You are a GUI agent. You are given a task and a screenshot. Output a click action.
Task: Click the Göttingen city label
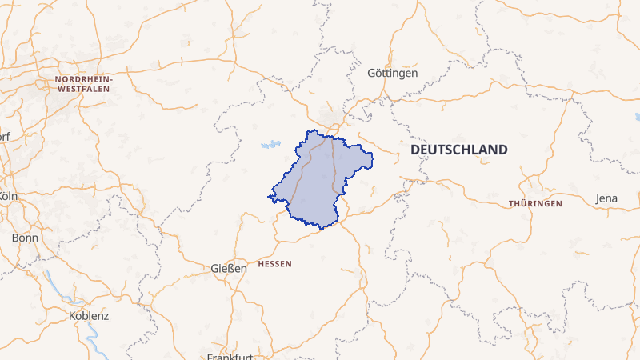[392, 73]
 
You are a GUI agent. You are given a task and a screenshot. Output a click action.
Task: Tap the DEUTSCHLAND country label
[458, 150]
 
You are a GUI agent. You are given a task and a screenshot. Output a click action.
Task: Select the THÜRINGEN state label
[535, 204]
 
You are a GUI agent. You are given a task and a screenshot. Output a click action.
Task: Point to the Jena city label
[607, 198]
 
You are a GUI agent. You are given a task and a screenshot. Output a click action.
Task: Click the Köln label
[8, 196]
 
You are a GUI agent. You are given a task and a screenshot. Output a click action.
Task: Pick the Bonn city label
[25, 238]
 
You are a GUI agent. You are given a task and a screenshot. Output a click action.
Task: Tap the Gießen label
[229, 268]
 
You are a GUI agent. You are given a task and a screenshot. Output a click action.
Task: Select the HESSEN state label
[275, 263]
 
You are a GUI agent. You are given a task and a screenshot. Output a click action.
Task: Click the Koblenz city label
[89, 315]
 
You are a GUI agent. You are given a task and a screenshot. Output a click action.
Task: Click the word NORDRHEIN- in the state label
[85, 80]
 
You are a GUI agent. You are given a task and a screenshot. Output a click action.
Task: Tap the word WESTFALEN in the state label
[85, 90]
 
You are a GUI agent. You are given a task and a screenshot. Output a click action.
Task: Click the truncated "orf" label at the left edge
[5, 135]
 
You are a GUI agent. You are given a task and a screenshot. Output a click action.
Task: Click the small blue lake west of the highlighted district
[270, 146]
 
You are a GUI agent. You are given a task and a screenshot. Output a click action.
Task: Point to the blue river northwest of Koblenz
[52, 282]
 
